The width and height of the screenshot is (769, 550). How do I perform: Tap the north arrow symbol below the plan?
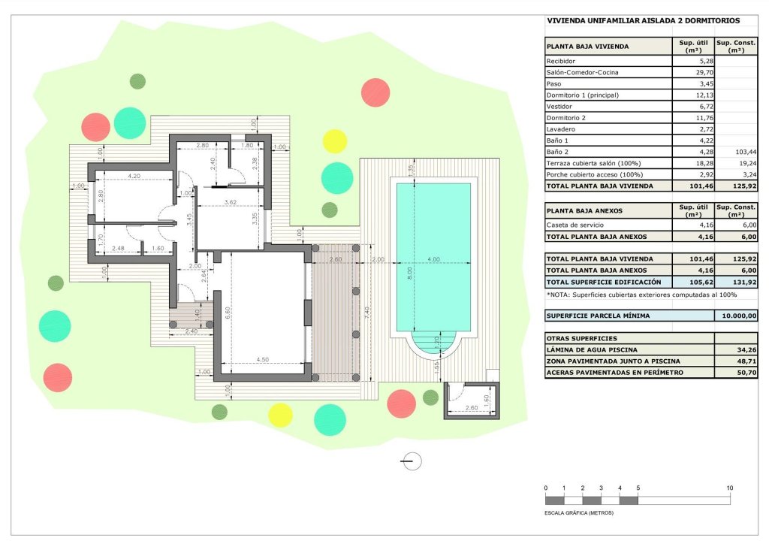point(412,461)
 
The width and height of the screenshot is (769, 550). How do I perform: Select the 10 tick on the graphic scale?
point(730,488)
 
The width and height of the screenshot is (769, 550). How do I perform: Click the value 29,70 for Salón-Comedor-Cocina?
point(701,72)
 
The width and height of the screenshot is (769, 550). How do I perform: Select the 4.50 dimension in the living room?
point(262,360)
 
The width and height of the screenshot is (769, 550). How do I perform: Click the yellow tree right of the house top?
point(334,141)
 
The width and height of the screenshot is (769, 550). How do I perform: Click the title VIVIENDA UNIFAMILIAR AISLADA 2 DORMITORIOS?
point(644,21)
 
